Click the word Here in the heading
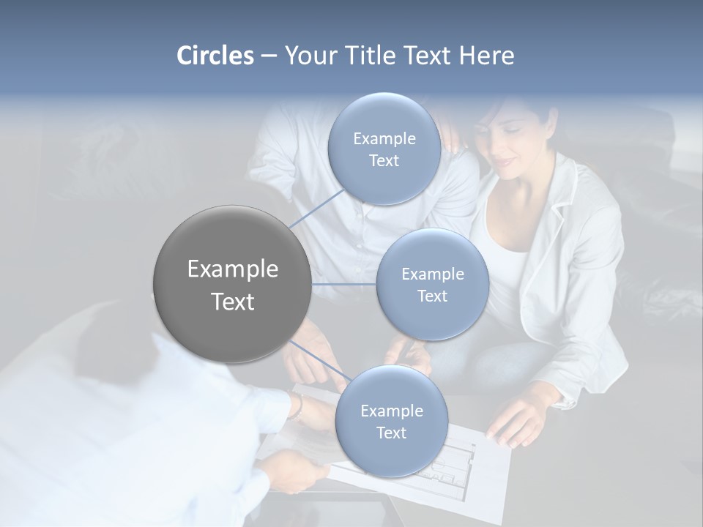tap(487, 56)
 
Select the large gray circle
tap(232, 285)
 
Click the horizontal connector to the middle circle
tap(344, 284)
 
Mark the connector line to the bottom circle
tap(319, 362)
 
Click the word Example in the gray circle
tap(232, 269)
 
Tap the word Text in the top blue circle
tap(384, 161)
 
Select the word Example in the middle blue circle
tap(432, 274)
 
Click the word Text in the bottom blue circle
tap(391, 433)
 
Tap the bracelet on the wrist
tap(297, 407)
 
